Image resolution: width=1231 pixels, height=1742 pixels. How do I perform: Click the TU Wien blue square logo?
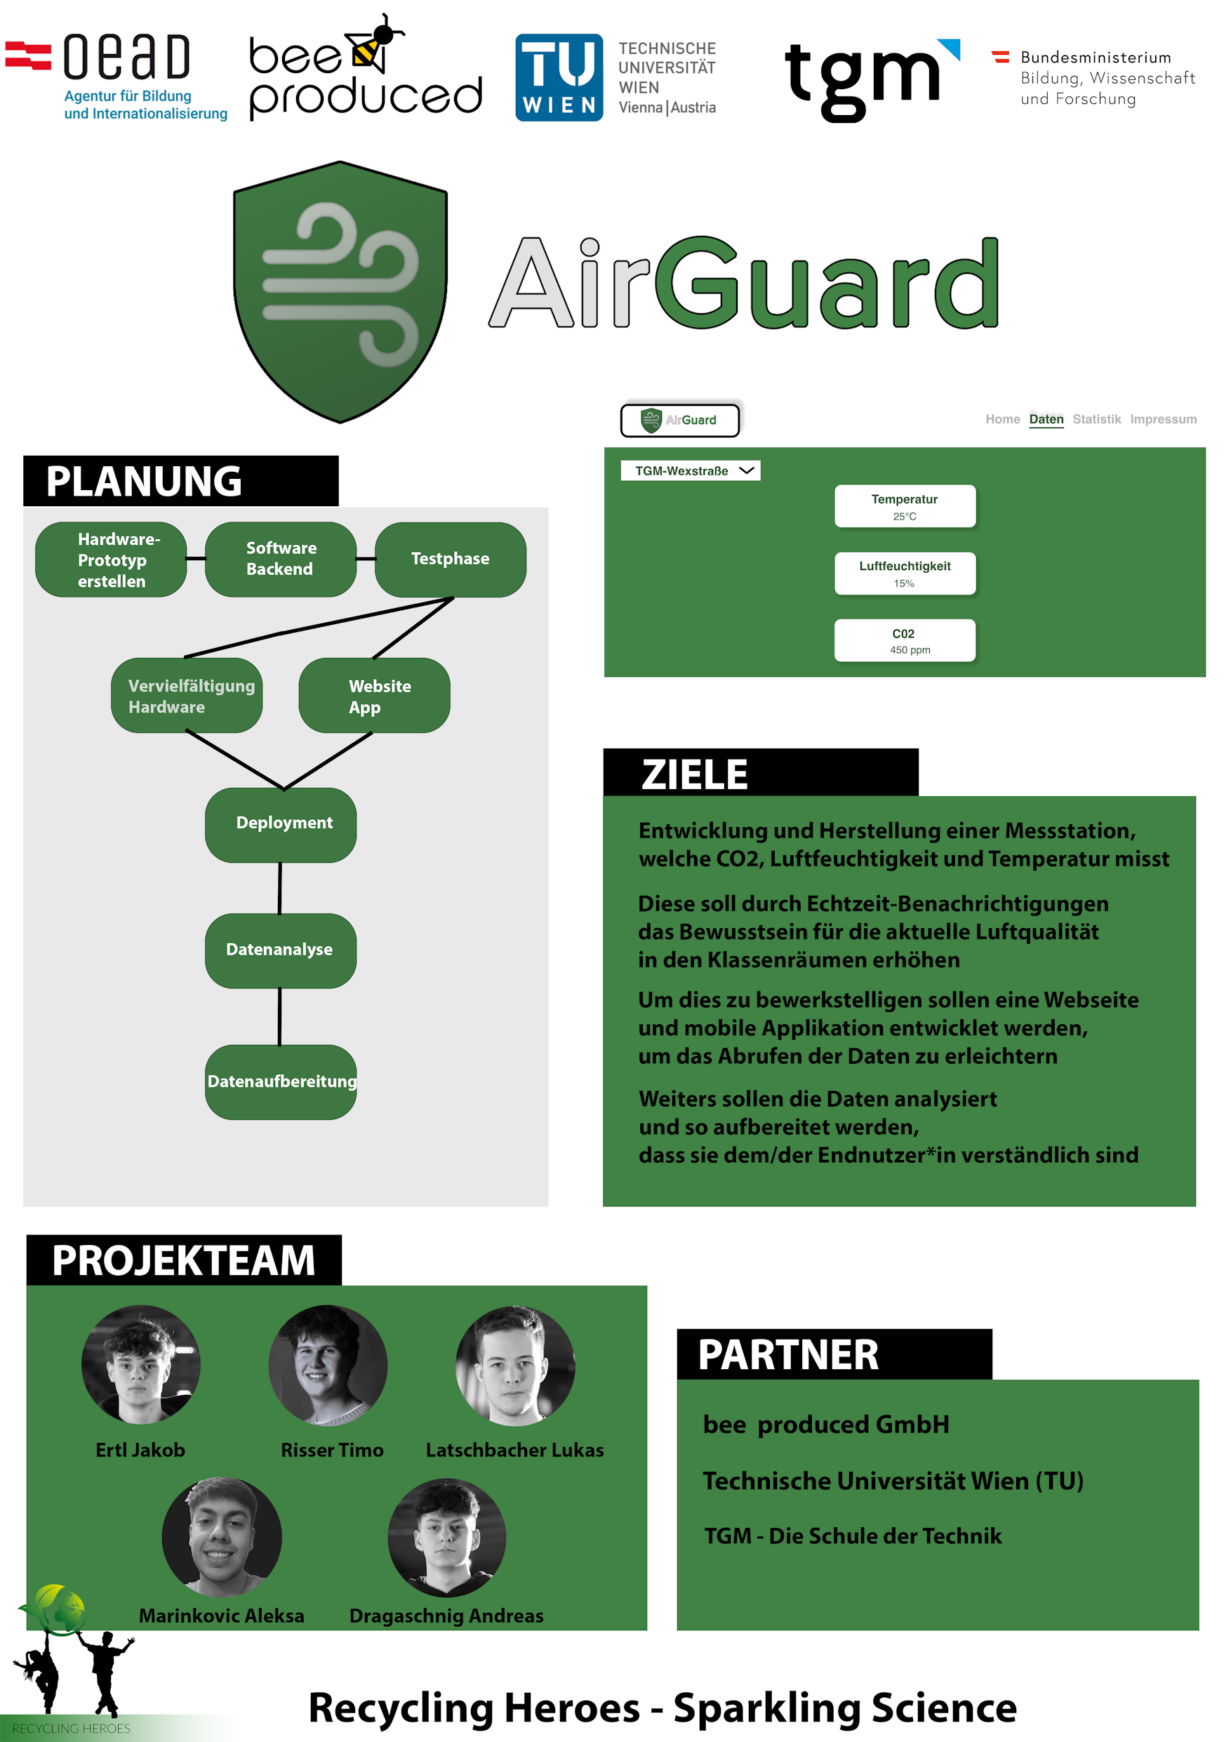point(559,77)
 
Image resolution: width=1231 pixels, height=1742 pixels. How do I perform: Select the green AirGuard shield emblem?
point(340,291)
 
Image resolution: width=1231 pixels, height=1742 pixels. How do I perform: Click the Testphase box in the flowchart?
point(450,559)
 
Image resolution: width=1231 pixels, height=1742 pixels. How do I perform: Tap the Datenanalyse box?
point(280,950)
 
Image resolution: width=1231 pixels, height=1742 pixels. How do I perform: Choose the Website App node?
point(375,696)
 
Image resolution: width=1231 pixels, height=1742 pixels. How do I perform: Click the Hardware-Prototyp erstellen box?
point(112,560)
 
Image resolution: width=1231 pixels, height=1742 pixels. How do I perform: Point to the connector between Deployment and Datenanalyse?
point(280,888)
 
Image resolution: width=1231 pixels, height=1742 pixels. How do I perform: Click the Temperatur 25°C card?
point(905,506)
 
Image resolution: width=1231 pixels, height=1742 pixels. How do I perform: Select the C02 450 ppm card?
point(905,640)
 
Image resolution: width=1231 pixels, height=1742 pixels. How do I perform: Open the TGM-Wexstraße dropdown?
point(690,470)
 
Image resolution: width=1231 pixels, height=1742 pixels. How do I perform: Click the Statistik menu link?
point(1096,418)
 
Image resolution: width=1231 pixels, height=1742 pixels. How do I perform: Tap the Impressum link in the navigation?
point(1163,418)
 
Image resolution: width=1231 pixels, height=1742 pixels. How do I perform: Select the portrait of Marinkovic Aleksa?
point(222,1536)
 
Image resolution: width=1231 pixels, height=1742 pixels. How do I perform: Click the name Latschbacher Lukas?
point(515,1450)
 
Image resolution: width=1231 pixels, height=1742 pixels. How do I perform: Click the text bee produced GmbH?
point(826,1424)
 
